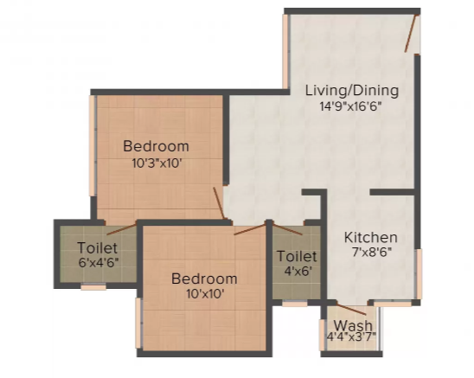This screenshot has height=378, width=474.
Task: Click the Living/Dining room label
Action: point(352,91)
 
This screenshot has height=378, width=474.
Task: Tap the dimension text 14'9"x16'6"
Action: point(350,106)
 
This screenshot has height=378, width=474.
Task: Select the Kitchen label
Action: point(370,238)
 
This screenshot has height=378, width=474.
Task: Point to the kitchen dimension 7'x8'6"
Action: point(372,252)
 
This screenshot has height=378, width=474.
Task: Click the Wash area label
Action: point(353,325)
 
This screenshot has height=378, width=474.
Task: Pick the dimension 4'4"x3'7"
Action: point(351,336)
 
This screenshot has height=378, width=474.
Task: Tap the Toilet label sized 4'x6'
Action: point(297,256)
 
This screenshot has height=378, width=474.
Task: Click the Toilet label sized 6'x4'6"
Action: point(97,247)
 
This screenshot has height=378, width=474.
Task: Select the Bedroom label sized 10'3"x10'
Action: point(156,146)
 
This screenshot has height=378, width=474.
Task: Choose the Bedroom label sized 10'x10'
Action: point(204,279)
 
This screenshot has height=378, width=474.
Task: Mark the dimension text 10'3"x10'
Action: point(157,163)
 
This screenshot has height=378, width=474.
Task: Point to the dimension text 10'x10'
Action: point(205,293)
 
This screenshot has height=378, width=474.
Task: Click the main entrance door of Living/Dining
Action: point(411,33)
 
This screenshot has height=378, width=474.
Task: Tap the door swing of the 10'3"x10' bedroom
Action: point(219,203)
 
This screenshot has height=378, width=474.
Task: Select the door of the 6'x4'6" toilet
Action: point(121,229)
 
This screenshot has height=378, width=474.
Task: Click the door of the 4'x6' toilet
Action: point(287,229)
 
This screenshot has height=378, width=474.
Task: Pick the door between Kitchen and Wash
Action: point(351,309)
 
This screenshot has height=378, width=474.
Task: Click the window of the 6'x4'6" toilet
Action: point(93,286)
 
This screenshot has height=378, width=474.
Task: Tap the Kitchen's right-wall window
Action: point(419,274)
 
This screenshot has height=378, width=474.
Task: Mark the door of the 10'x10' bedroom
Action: point(250,229)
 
